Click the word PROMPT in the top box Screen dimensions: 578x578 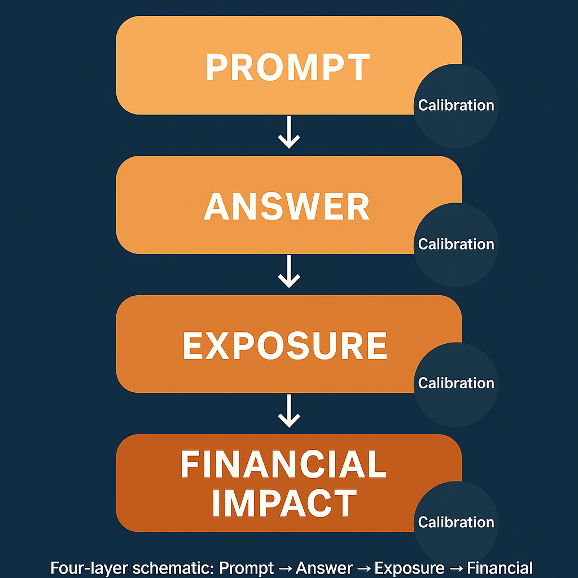click(x=288, y=67)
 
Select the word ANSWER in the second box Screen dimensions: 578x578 click(x=287, y=207)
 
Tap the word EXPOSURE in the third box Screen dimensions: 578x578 click(x=285, y=345)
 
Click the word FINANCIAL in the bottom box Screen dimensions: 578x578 click(x=283, y=465)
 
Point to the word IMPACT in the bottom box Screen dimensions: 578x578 click(x=284, y=503)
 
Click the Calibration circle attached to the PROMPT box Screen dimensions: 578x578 click(x=456, y=106)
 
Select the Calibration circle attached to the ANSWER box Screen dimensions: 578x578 click(x=456, y=244)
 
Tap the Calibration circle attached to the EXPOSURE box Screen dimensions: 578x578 click(x=456, y=383)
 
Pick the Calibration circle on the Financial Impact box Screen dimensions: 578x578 click(x=456, y=522)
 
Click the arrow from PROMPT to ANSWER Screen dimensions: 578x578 click(x=289, y=133)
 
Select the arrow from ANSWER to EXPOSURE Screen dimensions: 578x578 click(x=289, y=272)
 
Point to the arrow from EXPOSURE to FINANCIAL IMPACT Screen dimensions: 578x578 click(x=289, y=410)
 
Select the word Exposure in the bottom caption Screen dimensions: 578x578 click(x=410, y=568)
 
